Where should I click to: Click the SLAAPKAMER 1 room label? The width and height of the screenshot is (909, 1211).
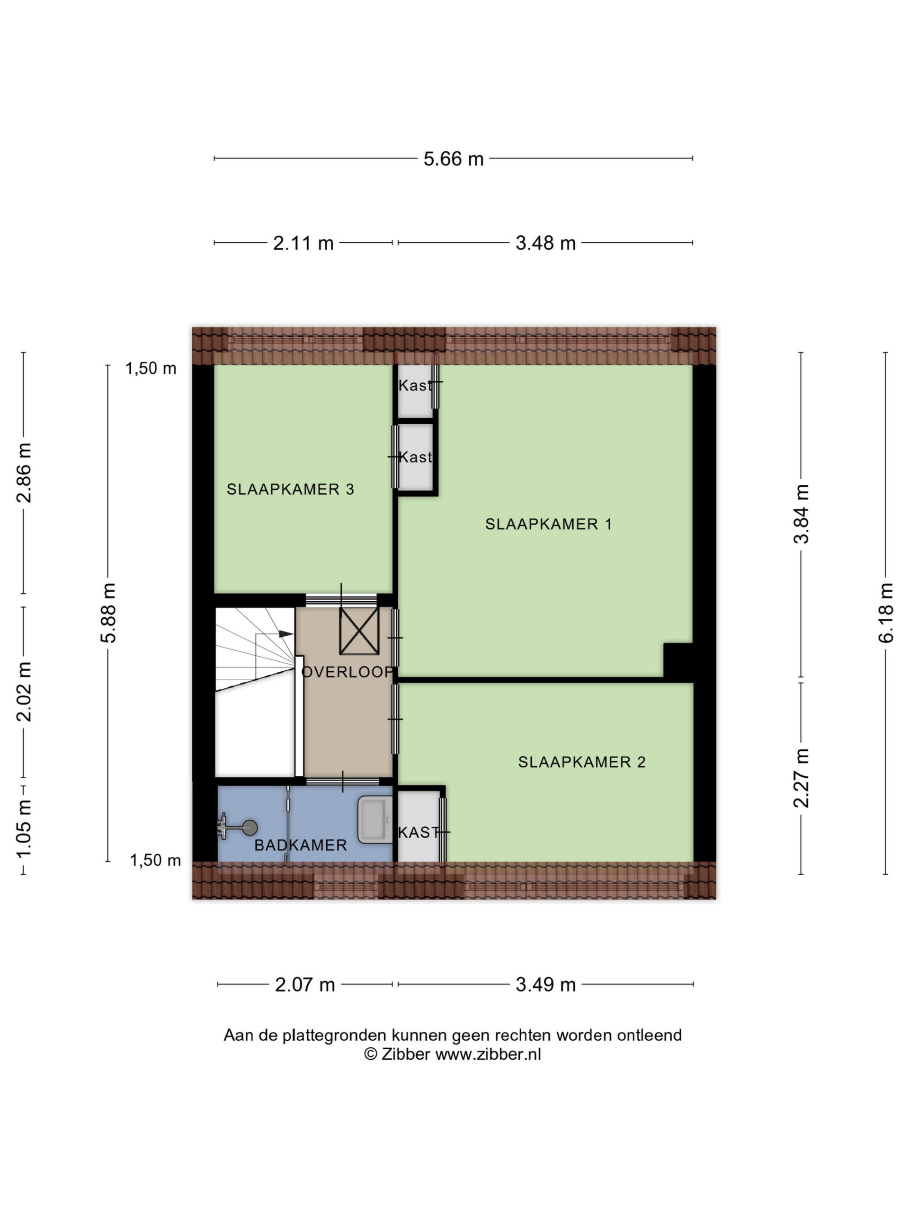coord(548,524)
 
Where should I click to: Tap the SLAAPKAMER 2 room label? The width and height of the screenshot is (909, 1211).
coord(581,762)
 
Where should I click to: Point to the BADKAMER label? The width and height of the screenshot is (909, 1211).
coord(300,845)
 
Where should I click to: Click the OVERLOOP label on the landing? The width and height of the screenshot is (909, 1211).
coord(348,672)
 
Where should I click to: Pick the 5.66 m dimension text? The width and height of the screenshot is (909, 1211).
coord(453,159)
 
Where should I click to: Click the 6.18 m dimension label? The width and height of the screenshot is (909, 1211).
coord(886,613)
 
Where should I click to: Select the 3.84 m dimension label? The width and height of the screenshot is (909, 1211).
coord(801,514)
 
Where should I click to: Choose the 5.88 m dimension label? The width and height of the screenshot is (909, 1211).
coord(108,613)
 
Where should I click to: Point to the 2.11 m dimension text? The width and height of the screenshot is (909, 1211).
coord(303,243)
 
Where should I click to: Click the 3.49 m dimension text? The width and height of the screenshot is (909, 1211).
coord(546,985)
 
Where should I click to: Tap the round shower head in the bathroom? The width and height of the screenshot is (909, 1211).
coord(250,827)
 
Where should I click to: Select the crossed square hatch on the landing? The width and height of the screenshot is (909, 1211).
coord(359,631)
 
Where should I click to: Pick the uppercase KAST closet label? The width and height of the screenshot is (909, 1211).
coord(419,832)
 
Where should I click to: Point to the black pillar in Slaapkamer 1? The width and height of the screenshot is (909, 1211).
coord(678,660)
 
